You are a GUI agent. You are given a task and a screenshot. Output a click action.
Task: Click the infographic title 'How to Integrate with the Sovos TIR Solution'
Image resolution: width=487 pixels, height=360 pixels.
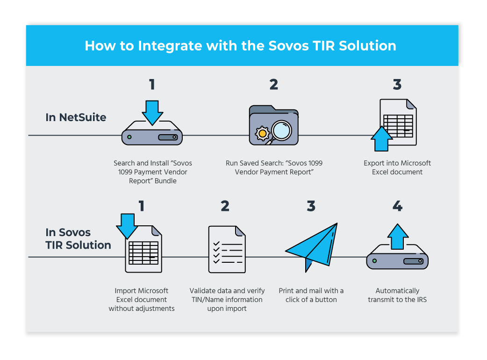[x=240, y=46]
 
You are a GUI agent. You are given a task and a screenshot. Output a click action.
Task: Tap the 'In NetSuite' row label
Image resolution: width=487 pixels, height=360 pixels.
[x=76, y=117]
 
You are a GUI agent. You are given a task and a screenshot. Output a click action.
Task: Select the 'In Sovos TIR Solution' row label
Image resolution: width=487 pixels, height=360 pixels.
[x=78, y=238]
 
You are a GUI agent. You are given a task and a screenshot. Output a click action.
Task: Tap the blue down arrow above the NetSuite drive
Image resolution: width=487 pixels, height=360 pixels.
[x=152, y=112]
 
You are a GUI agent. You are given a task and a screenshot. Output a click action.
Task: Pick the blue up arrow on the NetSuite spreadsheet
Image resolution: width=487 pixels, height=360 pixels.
[x=382, y=139]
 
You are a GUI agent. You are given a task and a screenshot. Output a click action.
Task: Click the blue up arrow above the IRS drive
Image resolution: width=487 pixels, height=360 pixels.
[x=398, y=237]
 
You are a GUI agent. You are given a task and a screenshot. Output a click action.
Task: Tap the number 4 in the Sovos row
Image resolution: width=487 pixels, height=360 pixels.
[x=397, y=206]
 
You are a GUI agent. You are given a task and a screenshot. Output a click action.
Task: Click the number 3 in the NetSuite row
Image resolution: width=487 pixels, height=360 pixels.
[x=397, y=85]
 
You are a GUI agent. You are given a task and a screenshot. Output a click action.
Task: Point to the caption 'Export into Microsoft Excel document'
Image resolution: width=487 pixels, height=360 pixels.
[x=397, y=167]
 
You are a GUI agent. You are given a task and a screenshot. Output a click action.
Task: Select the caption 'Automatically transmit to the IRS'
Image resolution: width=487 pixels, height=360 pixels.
[x=397, y=295]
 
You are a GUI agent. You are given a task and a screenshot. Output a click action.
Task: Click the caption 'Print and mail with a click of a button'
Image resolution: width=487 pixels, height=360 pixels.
[x=311, y=295]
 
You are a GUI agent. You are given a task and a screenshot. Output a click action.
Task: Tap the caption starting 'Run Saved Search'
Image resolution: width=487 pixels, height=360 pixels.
[x=274, y=167]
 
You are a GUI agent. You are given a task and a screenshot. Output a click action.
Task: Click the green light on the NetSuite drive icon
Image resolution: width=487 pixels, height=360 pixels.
[x=129, y=137]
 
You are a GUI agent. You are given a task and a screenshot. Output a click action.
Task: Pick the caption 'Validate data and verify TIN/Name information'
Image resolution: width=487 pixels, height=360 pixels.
[x=226, y=299]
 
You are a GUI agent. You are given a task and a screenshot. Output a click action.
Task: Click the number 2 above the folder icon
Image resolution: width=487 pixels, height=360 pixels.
[x=273, y=85]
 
